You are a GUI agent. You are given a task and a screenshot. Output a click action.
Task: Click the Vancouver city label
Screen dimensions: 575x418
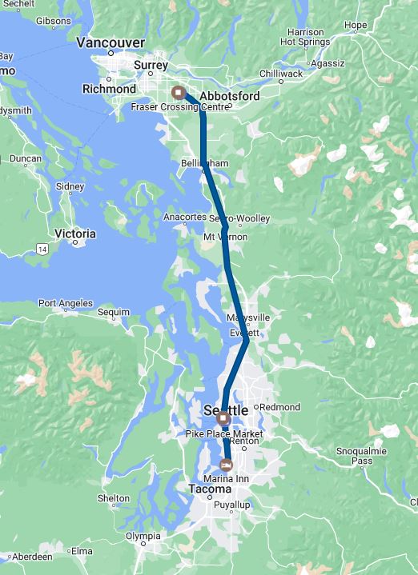pos(111,42)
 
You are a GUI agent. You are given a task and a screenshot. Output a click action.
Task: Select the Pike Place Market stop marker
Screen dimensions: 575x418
pos(223,419)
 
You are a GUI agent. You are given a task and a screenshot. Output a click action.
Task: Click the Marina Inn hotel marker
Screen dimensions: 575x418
pos(227,465)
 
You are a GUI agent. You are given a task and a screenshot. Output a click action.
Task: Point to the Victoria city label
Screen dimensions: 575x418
pos(74,234)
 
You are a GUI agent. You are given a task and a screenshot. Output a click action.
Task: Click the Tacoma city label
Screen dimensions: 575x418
pos(210,489)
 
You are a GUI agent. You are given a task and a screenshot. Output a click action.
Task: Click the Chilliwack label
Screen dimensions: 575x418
pos(281,74)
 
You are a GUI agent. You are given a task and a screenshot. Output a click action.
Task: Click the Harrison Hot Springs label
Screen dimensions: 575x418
pos(302,37)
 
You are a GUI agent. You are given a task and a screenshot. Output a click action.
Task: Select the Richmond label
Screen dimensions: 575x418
pos(109,90)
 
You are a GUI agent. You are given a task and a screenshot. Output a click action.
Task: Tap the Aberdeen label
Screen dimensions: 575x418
pos(32,556)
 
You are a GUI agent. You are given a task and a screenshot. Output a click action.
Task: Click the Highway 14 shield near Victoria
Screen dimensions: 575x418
pos(42,250)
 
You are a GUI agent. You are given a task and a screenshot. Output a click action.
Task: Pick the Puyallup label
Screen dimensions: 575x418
pos(232,505)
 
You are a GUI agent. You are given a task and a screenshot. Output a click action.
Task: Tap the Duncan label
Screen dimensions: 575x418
pos(25,158)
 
